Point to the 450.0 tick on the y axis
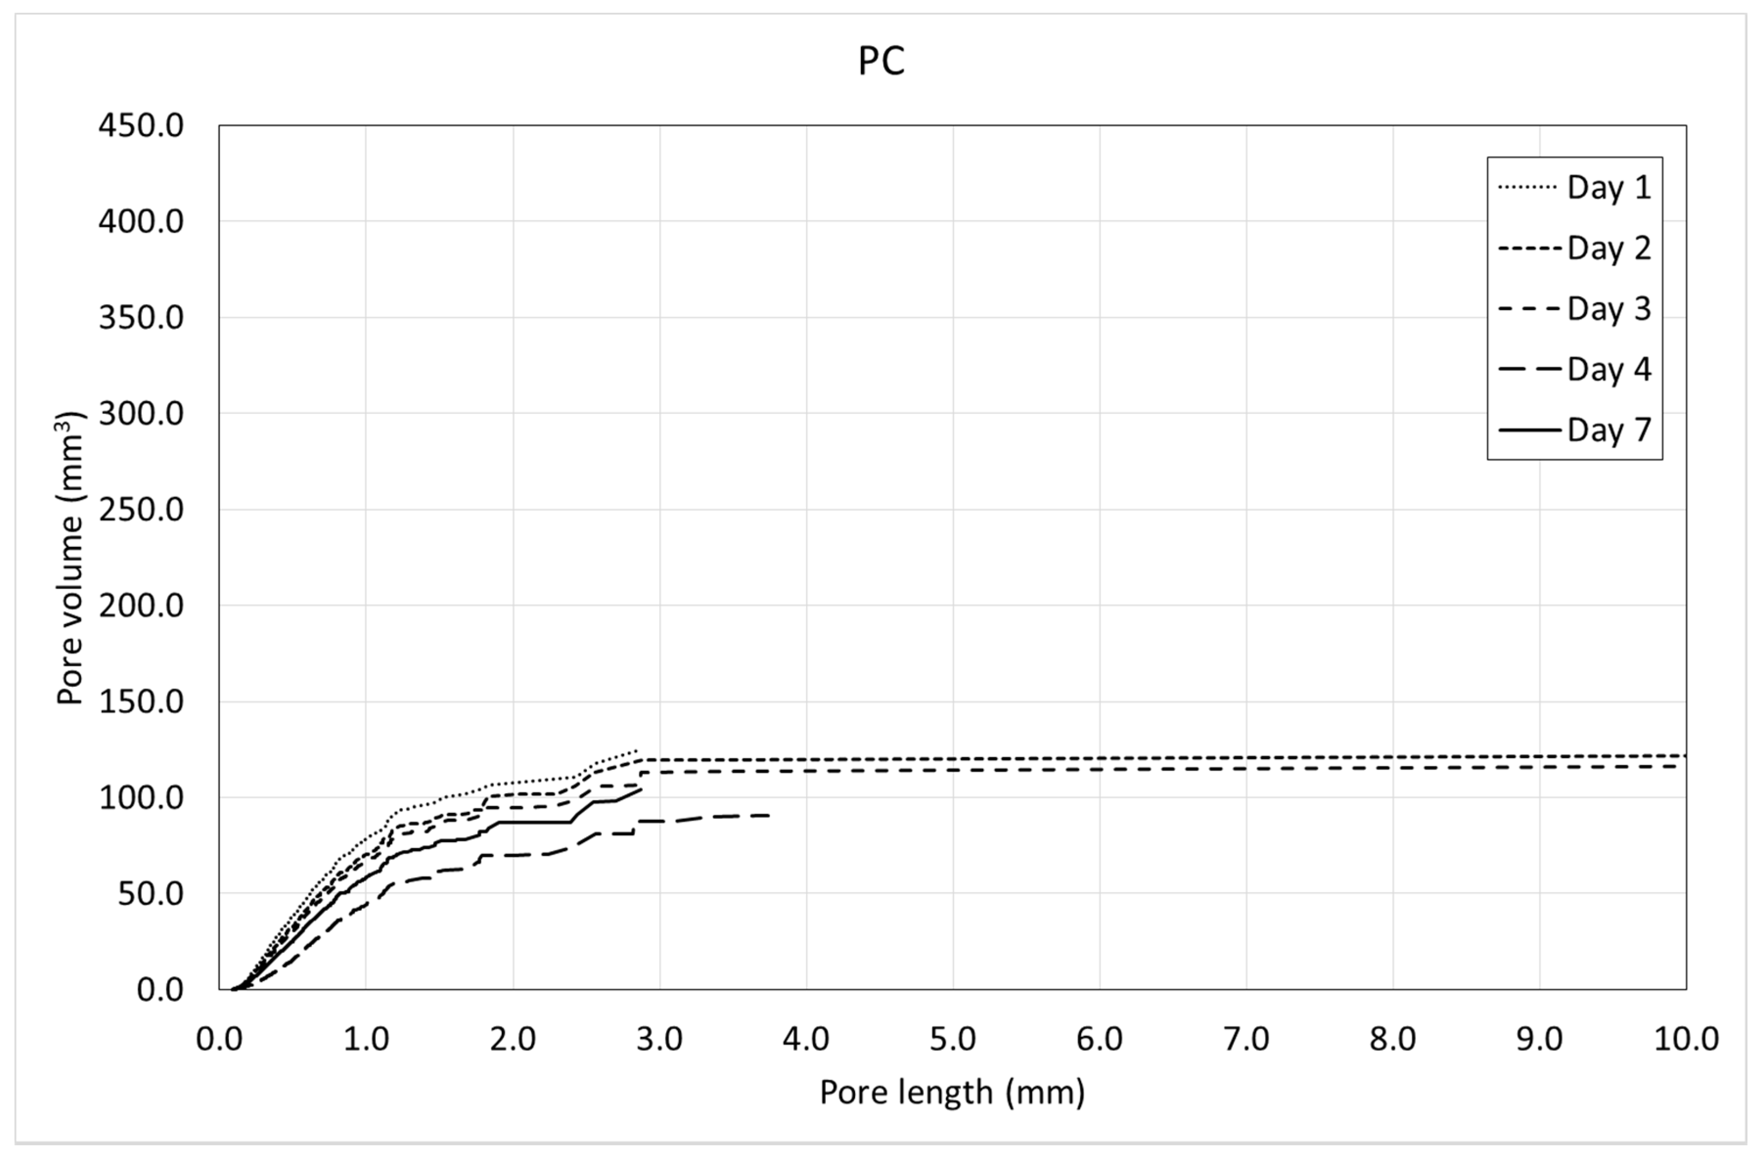point(141,126)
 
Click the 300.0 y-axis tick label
point(141,414)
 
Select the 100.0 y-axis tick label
point(141,798)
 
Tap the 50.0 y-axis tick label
point(150,893)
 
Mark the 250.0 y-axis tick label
point(141,510)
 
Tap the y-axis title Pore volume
point(70,557)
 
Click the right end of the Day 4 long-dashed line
point(769,815)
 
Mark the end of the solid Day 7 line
point(641,789)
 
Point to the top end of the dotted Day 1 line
point(635,750)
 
